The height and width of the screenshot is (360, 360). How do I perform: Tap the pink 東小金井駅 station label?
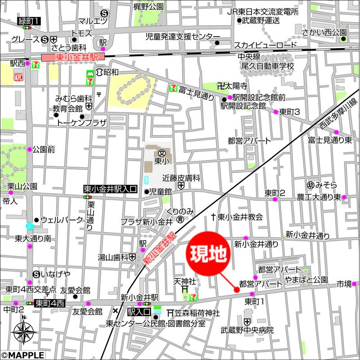pyautogui.click(x=72, y=57)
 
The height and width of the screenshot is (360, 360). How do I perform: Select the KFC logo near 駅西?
pyautogui.click(x=19, y=77)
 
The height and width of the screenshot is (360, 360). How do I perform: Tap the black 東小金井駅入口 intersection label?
pyautogui.click(x=110, y=190)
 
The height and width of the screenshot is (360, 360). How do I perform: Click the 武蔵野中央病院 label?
pyautogui.click(x=247, y=330)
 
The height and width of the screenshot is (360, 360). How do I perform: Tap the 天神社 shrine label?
pyautogui.click(x=184, y=281)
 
